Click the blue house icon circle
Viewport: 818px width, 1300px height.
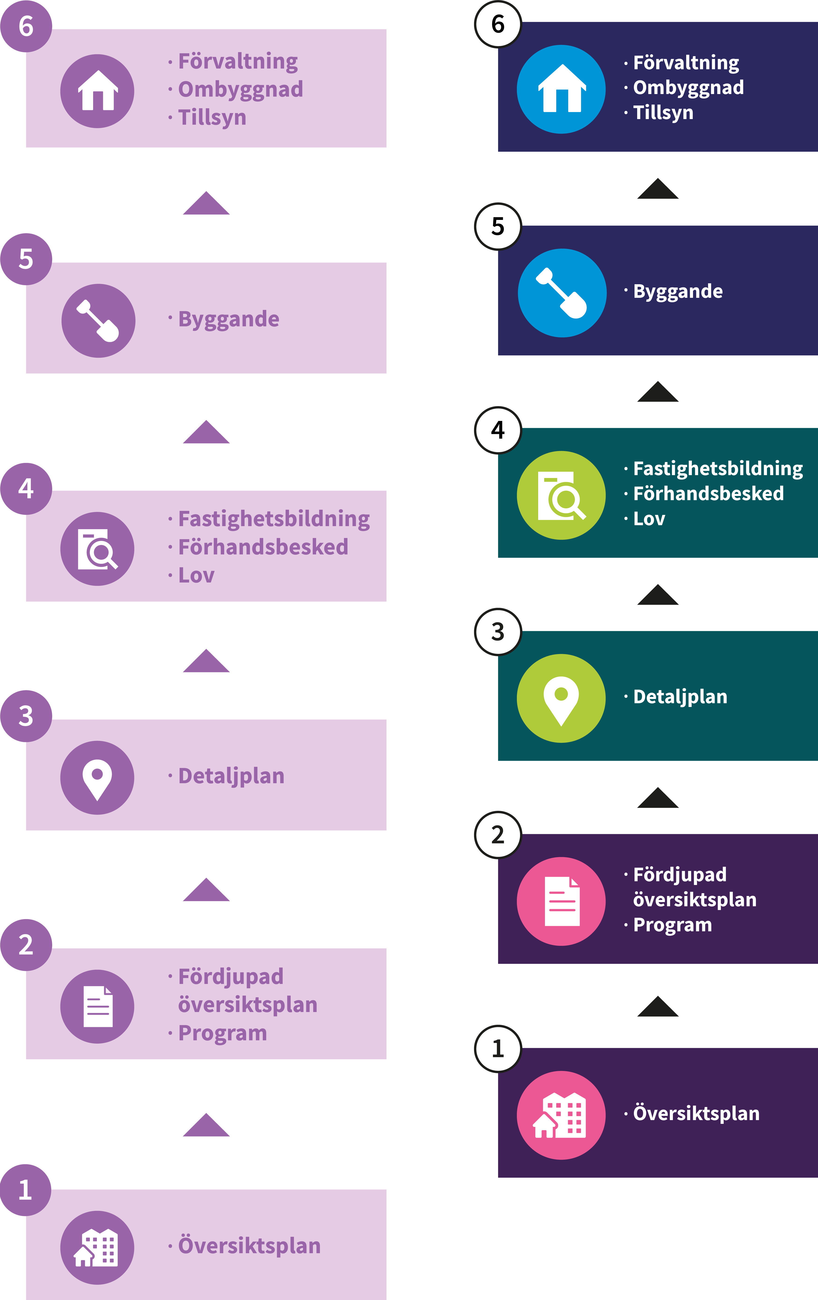tap(561, 89)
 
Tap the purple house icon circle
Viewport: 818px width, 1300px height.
tap(97, 91)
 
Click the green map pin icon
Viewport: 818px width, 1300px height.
tap(561, 698)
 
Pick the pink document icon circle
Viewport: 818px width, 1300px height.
tap(561, 901)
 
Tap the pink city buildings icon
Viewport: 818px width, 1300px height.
tap(561, 1115)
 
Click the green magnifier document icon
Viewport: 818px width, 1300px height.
tap(561, 495)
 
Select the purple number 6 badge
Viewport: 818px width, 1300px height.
tap(26, 26)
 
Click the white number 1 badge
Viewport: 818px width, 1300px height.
tap(498, 1049)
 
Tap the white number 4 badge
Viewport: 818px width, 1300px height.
tap(498, 430)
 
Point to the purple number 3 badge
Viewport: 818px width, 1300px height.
tap(26, 716)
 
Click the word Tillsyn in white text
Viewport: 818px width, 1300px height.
tap(663, 113)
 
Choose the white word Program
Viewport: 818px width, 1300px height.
tap(672, 925)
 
